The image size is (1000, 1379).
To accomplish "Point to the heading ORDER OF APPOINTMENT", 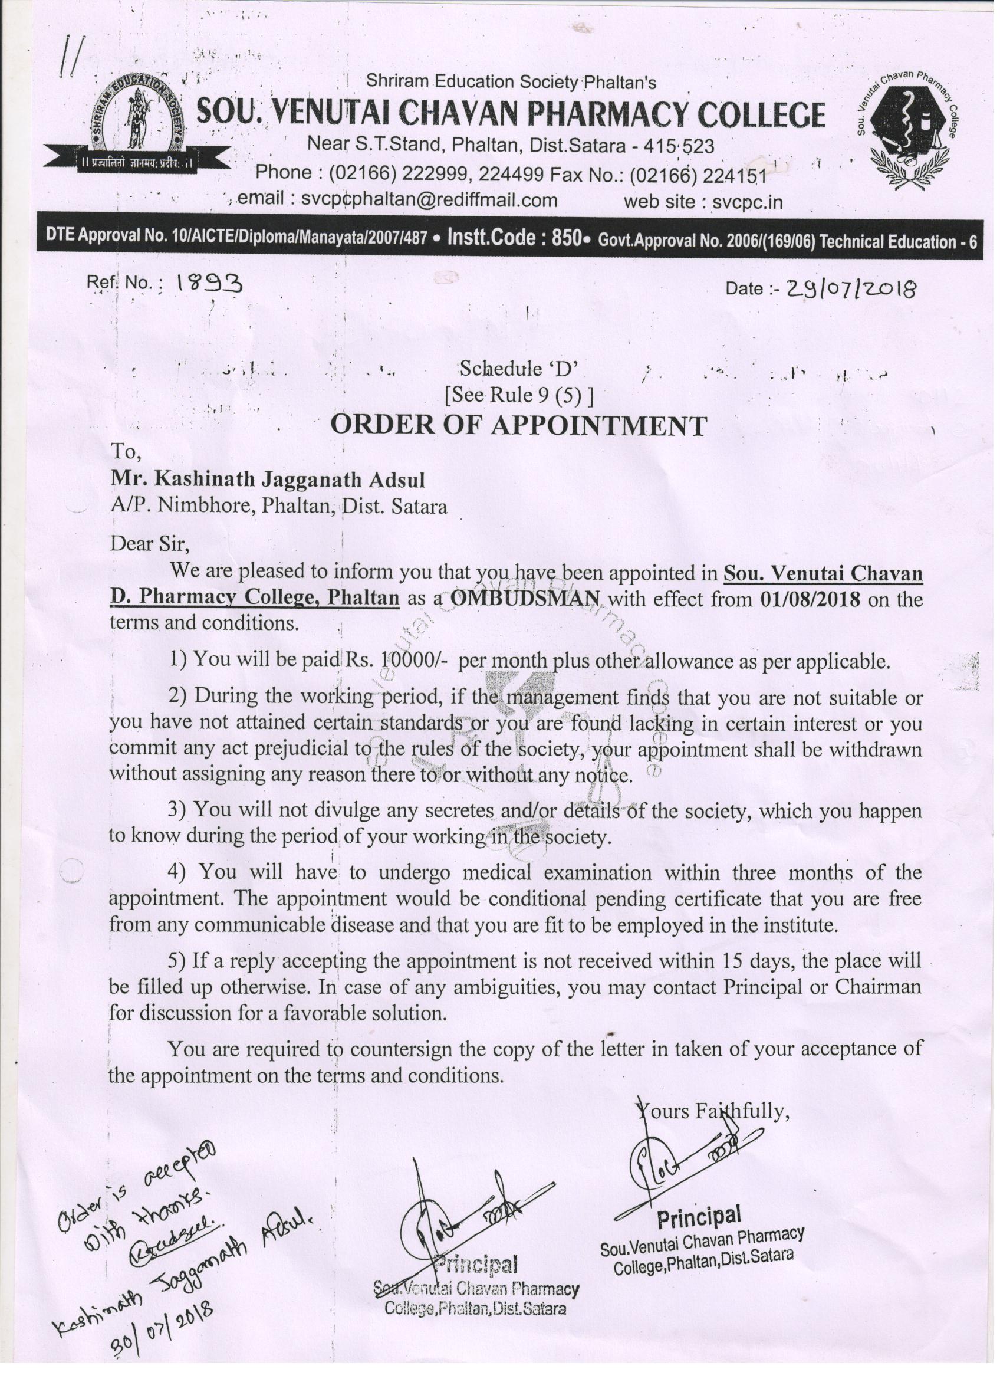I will coord(518,426).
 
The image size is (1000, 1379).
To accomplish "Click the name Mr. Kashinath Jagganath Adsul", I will coord(268,480).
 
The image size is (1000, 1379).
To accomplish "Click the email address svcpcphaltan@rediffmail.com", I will coord(429,200).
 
